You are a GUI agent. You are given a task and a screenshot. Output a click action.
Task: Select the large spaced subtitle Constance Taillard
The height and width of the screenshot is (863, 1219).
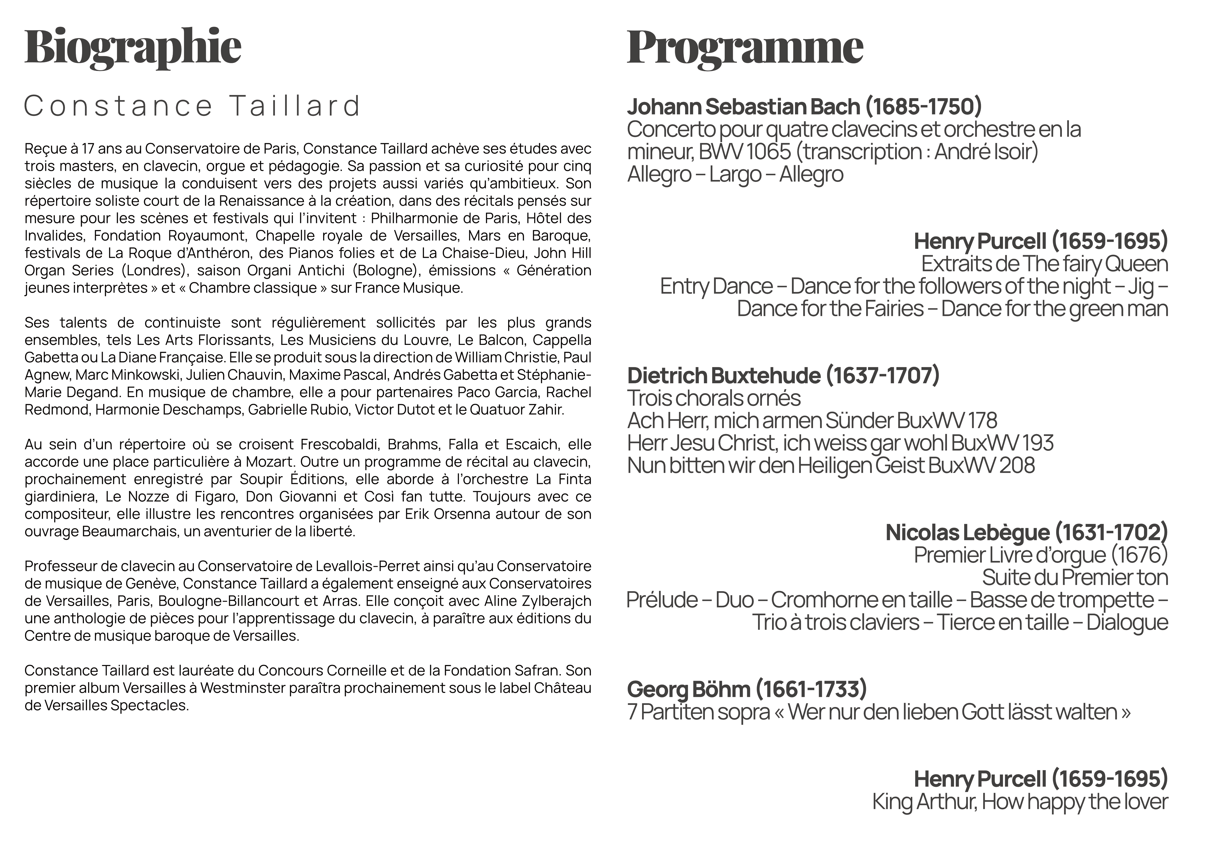192,106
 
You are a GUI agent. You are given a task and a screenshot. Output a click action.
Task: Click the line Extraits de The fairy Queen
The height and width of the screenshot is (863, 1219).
1044,264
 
